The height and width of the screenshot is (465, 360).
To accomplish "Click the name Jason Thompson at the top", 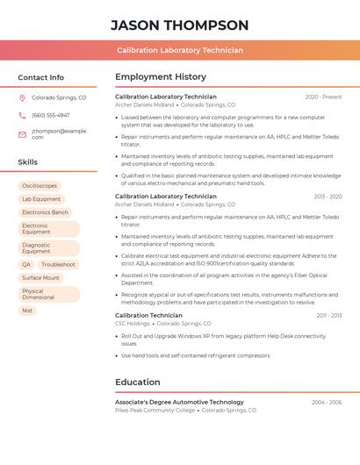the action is tap(180, 25).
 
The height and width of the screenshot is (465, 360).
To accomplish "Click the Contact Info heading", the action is tap(41, 77).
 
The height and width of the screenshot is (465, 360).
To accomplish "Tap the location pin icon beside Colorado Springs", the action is tap(22, 98).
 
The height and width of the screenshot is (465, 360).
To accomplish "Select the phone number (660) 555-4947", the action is tap(51, 115).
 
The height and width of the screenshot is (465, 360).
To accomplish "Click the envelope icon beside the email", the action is tap(22, 134).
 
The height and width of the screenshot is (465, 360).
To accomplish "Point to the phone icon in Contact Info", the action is tap(22, 115).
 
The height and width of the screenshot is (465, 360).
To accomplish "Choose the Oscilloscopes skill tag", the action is tap(40, 186).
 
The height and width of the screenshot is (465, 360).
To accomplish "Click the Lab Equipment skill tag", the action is tap(41, 199).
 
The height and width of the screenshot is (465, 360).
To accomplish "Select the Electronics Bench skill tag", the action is tap(45, 212).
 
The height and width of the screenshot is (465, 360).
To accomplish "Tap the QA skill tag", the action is tap(26, 264).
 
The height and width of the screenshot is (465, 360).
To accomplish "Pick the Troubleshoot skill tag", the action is tap(58, 264).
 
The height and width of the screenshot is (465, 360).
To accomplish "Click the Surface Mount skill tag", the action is tap(41, 277).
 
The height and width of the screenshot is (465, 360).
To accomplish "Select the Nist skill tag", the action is tap(27, 311).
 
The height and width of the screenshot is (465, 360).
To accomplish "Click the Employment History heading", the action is tap(161, 77).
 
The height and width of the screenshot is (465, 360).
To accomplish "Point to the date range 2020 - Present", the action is tap(323, 97).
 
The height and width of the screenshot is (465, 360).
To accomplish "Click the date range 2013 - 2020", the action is tap(328, 197).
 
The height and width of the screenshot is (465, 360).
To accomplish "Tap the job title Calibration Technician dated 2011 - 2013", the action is tap(148, 315).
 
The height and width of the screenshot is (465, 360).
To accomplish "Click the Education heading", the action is tap(138, 383).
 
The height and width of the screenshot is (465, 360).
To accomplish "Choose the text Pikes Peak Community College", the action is tap(155, 410).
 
